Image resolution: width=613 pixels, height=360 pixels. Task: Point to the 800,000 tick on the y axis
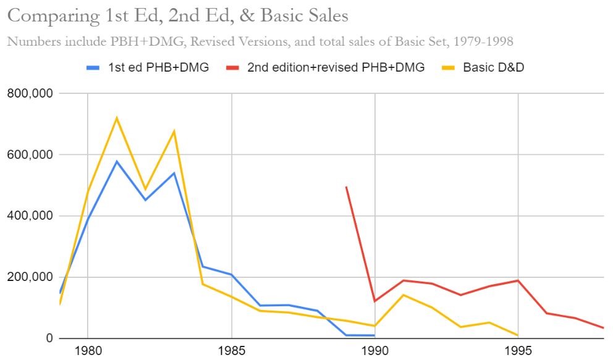(30, 94)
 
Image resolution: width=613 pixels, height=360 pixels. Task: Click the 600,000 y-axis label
(30, 155)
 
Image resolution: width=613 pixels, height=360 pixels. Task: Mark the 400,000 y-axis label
(30, 216)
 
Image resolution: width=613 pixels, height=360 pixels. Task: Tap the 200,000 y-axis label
(30, 277)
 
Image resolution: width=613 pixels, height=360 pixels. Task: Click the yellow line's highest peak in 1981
(116, 118)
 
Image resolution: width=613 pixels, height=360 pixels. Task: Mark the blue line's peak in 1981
(116, 162)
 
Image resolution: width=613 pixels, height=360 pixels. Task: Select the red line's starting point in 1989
(346, 186)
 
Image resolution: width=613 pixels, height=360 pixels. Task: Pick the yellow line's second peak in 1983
(174, 131)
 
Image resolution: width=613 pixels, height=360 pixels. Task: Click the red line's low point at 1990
(374, 301)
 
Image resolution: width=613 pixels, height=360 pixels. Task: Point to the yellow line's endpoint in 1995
(518, 335)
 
